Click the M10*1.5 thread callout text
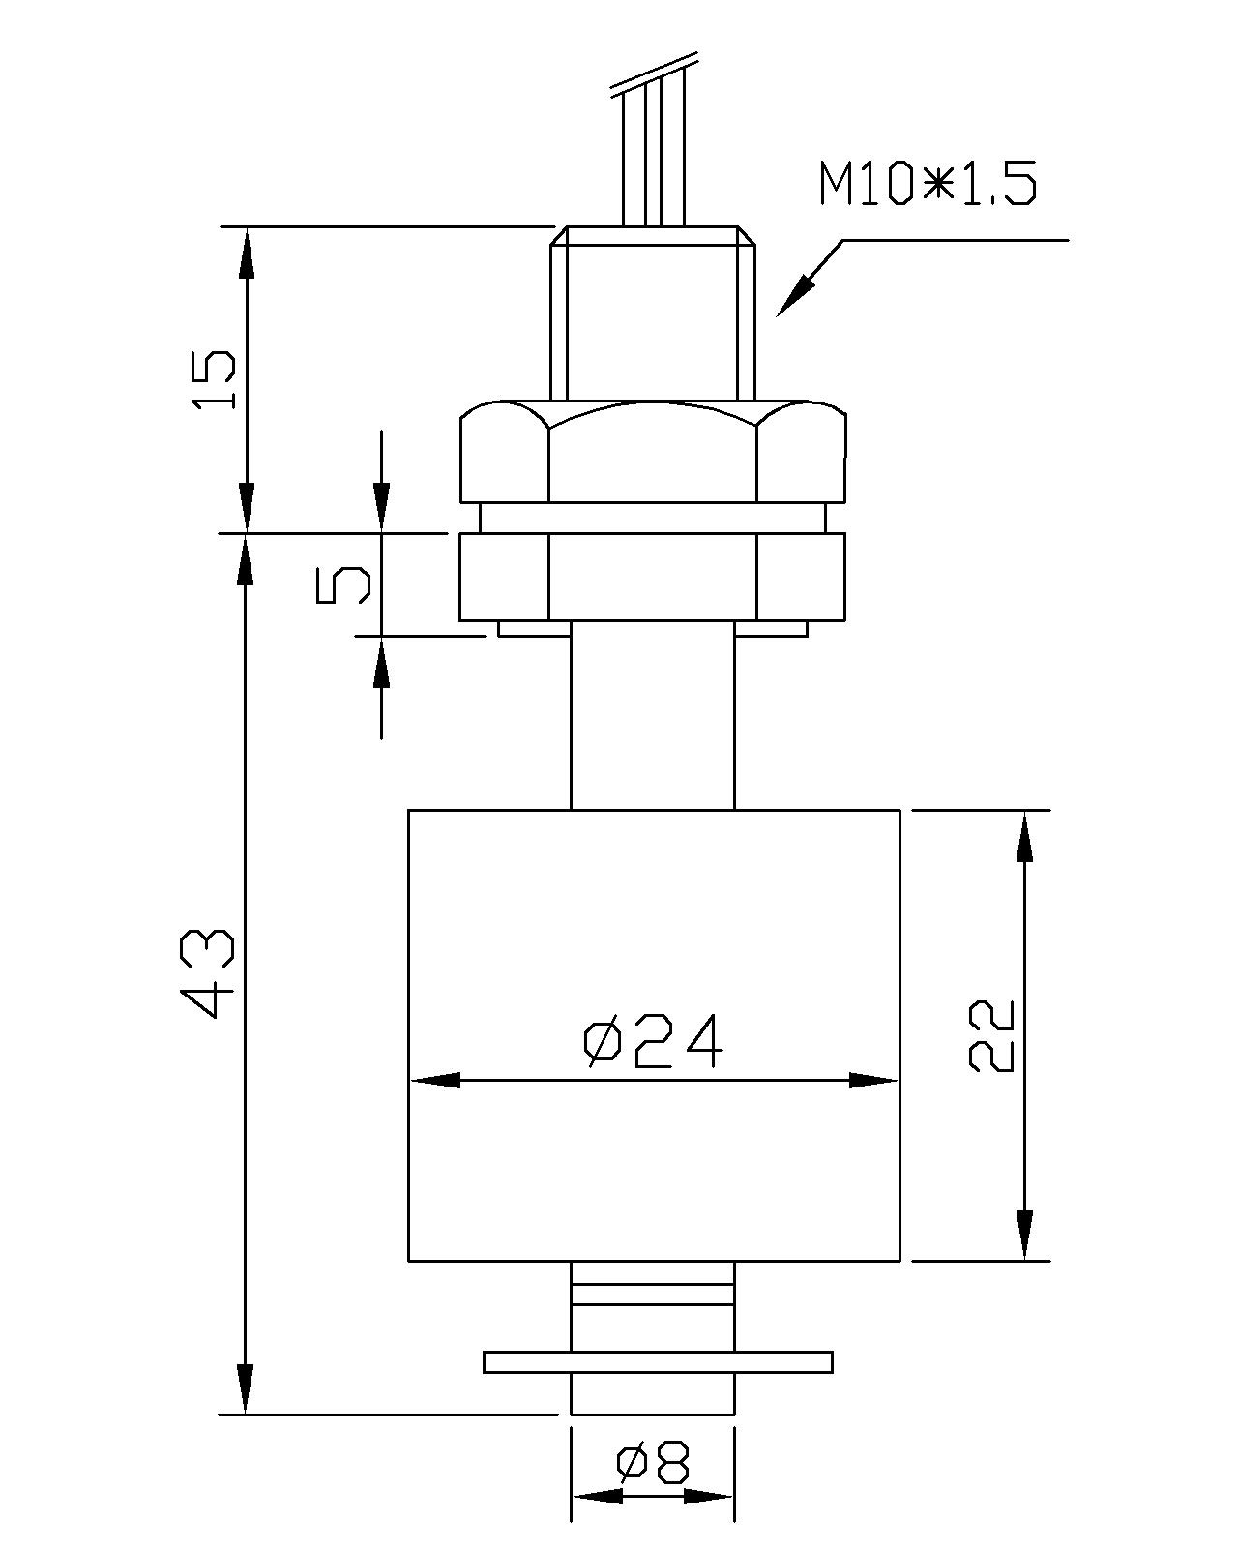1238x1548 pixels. click(928, 184)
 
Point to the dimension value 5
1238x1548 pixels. click(342, 585)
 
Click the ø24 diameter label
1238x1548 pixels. click(654, 1041)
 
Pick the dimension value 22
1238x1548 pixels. click(990, 1035)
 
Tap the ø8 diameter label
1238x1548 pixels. click(653, 1464)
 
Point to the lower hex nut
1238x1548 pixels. click(653, 577)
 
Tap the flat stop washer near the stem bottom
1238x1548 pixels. click(658, 1362)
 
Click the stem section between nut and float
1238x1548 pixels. click(653, 721)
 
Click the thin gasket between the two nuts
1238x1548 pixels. click(653, 518)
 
